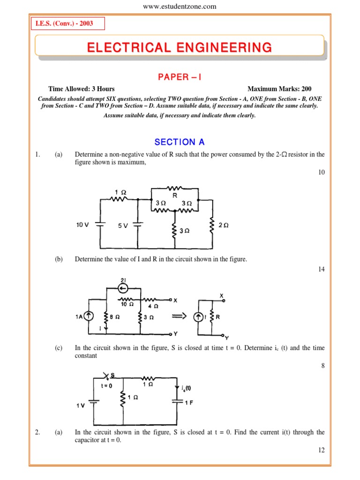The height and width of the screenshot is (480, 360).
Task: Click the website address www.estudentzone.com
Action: (x=180, y=6)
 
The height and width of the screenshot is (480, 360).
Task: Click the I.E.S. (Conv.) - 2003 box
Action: (x=68, y=23)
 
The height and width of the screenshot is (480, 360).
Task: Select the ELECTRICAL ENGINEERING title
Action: (x=179, y=47)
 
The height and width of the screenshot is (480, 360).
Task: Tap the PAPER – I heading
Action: (x=180, y=77)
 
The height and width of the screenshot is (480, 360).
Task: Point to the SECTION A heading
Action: (x=180, y=142)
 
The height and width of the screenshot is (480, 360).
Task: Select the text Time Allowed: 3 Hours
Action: (x=81, y=89)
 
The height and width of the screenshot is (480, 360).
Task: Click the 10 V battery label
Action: (x=82, y=225)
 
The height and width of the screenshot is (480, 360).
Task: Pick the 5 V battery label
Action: (x=123, y=225)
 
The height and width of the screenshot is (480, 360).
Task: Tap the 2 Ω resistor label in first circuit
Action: (x=224, y=225)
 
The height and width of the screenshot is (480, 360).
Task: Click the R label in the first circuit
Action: (x=174, y=195)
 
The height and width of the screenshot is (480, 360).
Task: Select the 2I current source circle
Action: (x=123, y=287)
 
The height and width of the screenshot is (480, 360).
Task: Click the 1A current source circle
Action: (x=88, y=317)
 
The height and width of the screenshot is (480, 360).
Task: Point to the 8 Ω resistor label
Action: (x=115, y=317)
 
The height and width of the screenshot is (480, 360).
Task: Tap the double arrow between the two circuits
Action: (x=180, y=317)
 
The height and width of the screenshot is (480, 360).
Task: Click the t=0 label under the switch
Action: (x=107, y=385)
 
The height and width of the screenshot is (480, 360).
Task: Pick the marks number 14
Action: (x=321, y=269)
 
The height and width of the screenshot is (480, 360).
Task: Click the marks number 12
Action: (x=321, y=450)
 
